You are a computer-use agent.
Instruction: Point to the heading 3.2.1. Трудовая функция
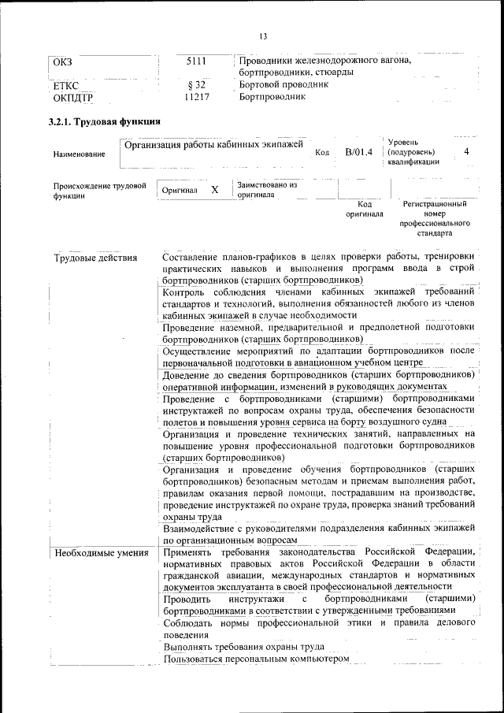pyautogui.click(x=105, y=122)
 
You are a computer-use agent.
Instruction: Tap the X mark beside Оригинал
pyautogui.click(x=214, y=190)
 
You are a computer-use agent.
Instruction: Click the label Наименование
pyautogui.click(x=79, y=155)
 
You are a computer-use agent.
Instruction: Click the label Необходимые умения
pyautogui.click(x=101, y=553)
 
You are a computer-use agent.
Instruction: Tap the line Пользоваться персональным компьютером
pyautogui.click(x=255, y=659)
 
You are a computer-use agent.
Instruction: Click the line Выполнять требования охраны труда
pyautogui.click(x=244, y=646)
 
